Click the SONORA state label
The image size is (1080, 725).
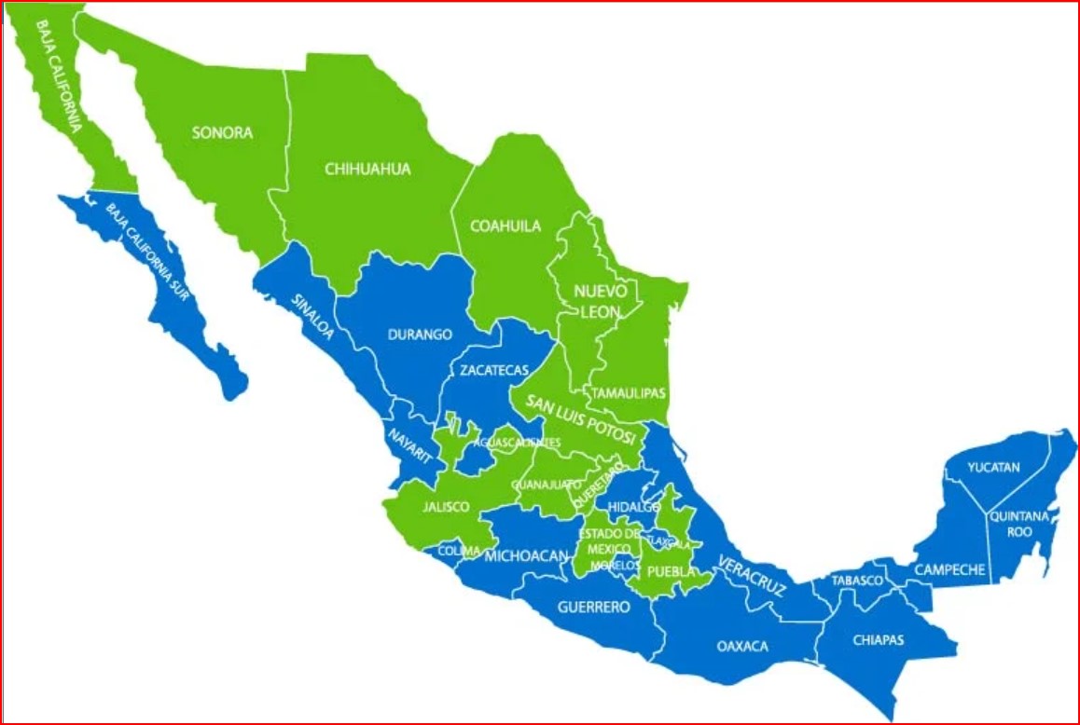222,132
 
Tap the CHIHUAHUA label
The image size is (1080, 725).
367,169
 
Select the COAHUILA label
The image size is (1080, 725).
505,226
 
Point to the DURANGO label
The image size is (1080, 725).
419,334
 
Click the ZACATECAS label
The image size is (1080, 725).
494,370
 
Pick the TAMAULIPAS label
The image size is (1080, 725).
630,393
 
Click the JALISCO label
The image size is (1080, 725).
445,507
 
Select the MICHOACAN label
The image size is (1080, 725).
526,556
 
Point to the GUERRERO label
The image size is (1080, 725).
593,607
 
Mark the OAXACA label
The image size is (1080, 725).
742,646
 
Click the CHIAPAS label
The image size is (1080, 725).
878,640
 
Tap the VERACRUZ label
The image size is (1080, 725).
751,576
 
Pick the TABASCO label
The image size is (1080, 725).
857,581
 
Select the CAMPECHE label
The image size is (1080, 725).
949,569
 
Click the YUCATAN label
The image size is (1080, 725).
993,467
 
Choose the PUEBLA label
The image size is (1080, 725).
672,570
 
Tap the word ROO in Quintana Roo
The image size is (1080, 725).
1019,532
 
